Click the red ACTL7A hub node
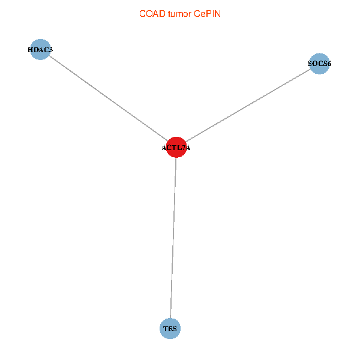coord(176,147)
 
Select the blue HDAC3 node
coord(40,49)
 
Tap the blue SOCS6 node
coord(320,64)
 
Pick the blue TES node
coord(170,328)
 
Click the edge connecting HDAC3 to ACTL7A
coord(108,98)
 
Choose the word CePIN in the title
coord(208,13)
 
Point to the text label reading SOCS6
coord(320,64)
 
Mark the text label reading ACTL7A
coord(176,148)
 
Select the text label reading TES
coord(170,329)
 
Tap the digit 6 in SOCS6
coord(329,64)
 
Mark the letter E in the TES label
coord(170,329)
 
